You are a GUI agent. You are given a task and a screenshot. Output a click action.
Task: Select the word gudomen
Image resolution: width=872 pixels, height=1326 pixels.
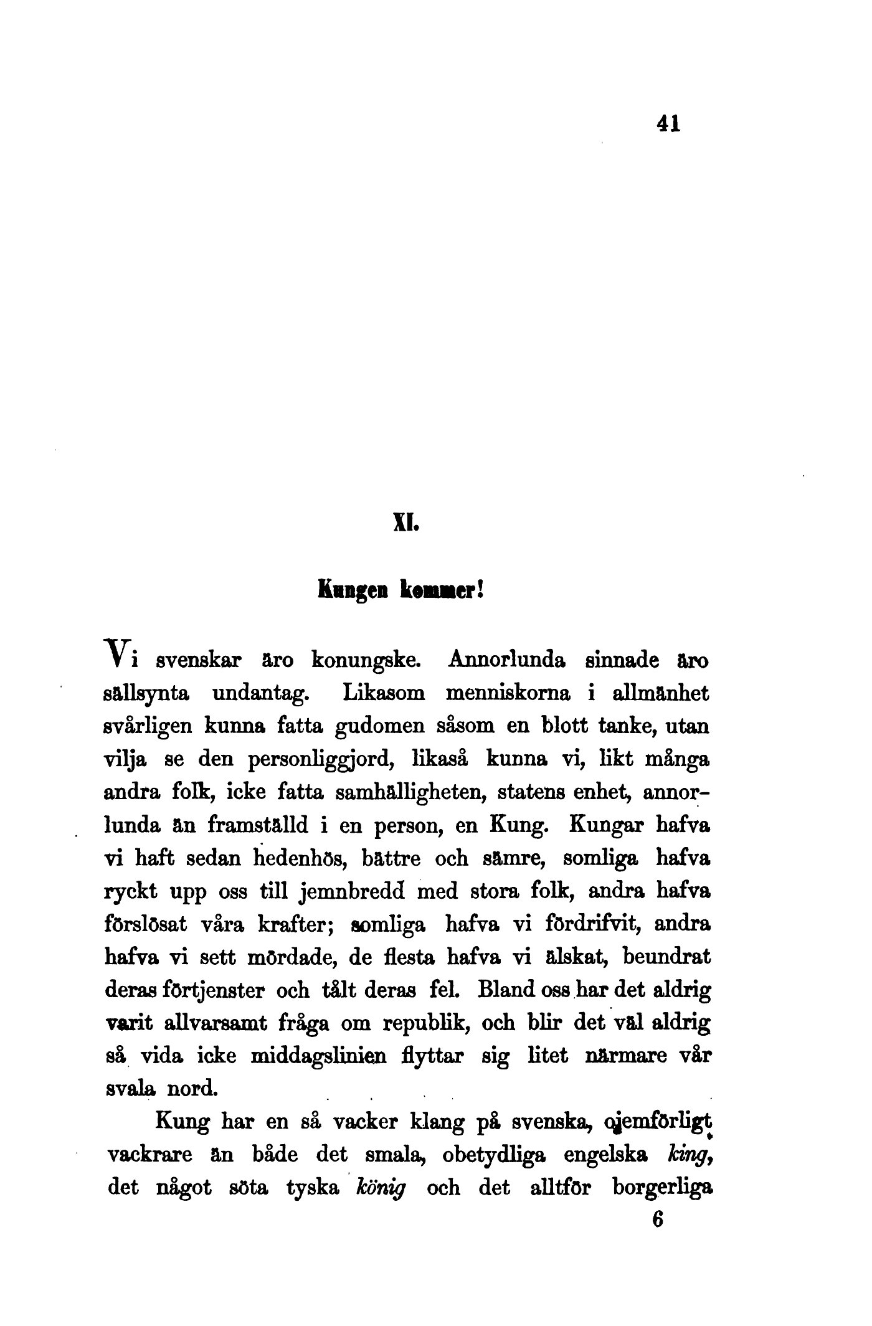(378, 726)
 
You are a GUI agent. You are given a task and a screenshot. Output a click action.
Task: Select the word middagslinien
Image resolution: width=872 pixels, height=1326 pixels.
(317, 1057)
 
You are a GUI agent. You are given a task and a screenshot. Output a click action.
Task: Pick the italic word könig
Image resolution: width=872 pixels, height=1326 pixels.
(380, 1188)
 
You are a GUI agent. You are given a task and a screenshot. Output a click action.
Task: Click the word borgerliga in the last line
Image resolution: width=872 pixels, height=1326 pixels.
(662, 1188)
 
